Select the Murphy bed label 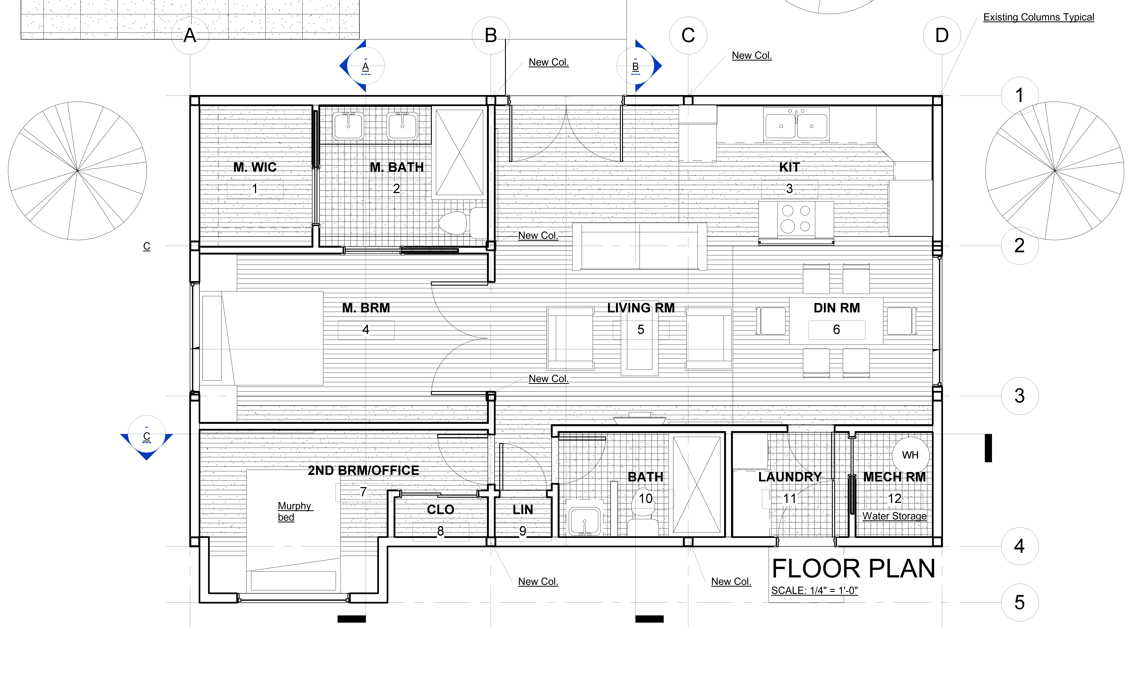click(294, 511)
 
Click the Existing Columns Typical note click(1038, 17)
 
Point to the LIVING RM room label click(641, 308)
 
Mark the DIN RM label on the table click(836, 308)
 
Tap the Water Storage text click(894, 516)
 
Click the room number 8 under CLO click(440, 531)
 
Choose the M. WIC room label click(255, 167)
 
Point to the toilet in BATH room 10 click(643, 516)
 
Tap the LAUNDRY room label click(790, 477)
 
